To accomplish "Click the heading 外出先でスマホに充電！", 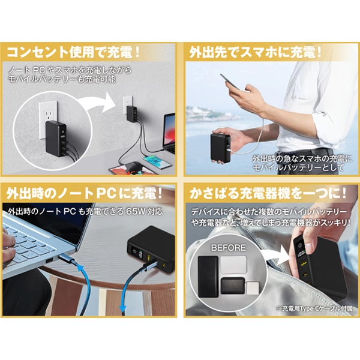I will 256,52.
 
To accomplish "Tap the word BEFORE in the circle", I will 227,247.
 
